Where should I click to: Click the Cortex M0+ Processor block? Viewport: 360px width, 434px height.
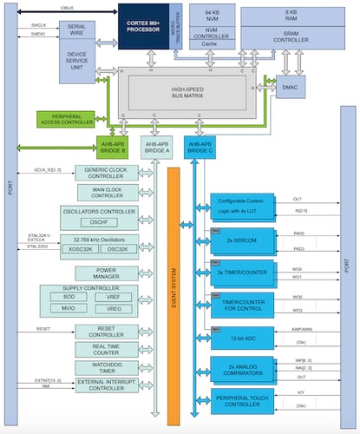pos(138,25)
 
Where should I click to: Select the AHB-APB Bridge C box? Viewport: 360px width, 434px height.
pos(201,147)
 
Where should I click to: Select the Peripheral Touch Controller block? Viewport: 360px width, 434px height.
pos(244,402)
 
